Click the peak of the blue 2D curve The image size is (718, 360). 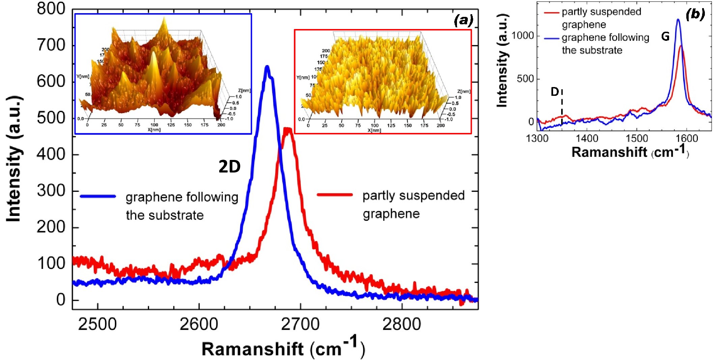click(267, 66)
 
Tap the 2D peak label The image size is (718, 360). click(229, 166)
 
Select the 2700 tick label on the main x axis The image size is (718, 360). click(300, 325)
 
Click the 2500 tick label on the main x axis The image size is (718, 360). click(97, 325)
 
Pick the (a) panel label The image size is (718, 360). click(463, 21)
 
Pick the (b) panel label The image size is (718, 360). click(695, 14)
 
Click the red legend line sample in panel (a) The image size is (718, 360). click(335, 195)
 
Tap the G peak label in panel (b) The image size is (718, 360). click(665, 36)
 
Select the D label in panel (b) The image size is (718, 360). click(555, 92)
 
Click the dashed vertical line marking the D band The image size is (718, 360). click(562, 108)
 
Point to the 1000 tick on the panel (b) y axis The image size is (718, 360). click(523, 36)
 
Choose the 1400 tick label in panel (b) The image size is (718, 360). click(587, 138)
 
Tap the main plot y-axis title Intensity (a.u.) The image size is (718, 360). click(14, 159)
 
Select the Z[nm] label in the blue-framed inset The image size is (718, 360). click(244, 90)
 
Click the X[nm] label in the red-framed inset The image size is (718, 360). click(374, 130)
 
